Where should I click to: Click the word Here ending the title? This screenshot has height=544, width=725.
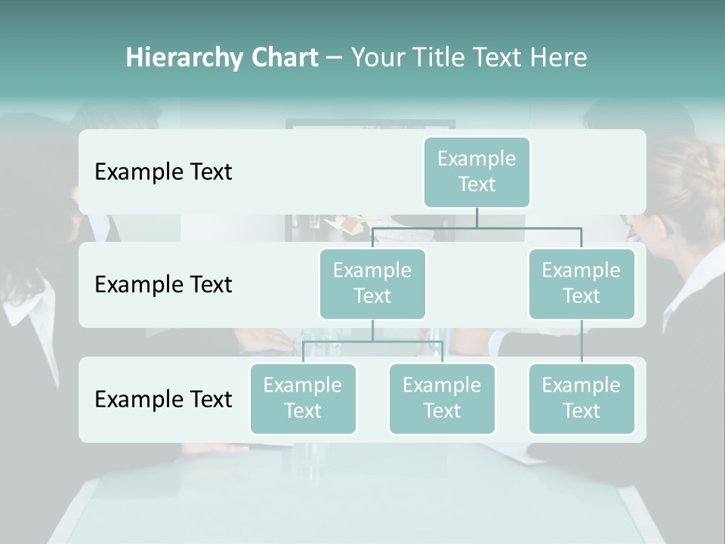(x=560, y=58)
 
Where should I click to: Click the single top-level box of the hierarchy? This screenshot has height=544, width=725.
(x=477, y=172)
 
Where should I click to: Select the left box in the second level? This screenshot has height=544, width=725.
(x=372, y=283)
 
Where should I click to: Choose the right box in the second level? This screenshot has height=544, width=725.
(x=582, y=283)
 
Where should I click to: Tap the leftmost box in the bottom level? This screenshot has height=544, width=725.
(x=303, y=398)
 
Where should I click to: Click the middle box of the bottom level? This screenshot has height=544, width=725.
(x=442, y=398)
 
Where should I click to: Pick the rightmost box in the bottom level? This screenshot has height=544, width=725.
(x=582, y=398)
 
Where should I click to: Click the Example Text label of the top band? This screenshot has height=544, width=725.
(x=163, y=172)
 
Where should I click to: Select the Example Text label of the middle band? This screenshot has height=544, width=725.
(x=163, y=285)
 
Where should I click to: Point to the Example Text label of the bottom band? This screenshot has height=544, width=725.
(x=163, y=399)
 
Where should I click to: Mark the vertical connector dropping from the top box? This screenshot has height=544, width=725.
(x=477, y=218)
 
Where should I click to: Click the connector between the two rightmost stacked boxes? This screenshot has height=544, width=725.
(x=582, y=342)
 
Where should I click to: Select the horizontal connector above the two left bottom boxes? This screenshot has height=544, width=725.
(x=372, y=342)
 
